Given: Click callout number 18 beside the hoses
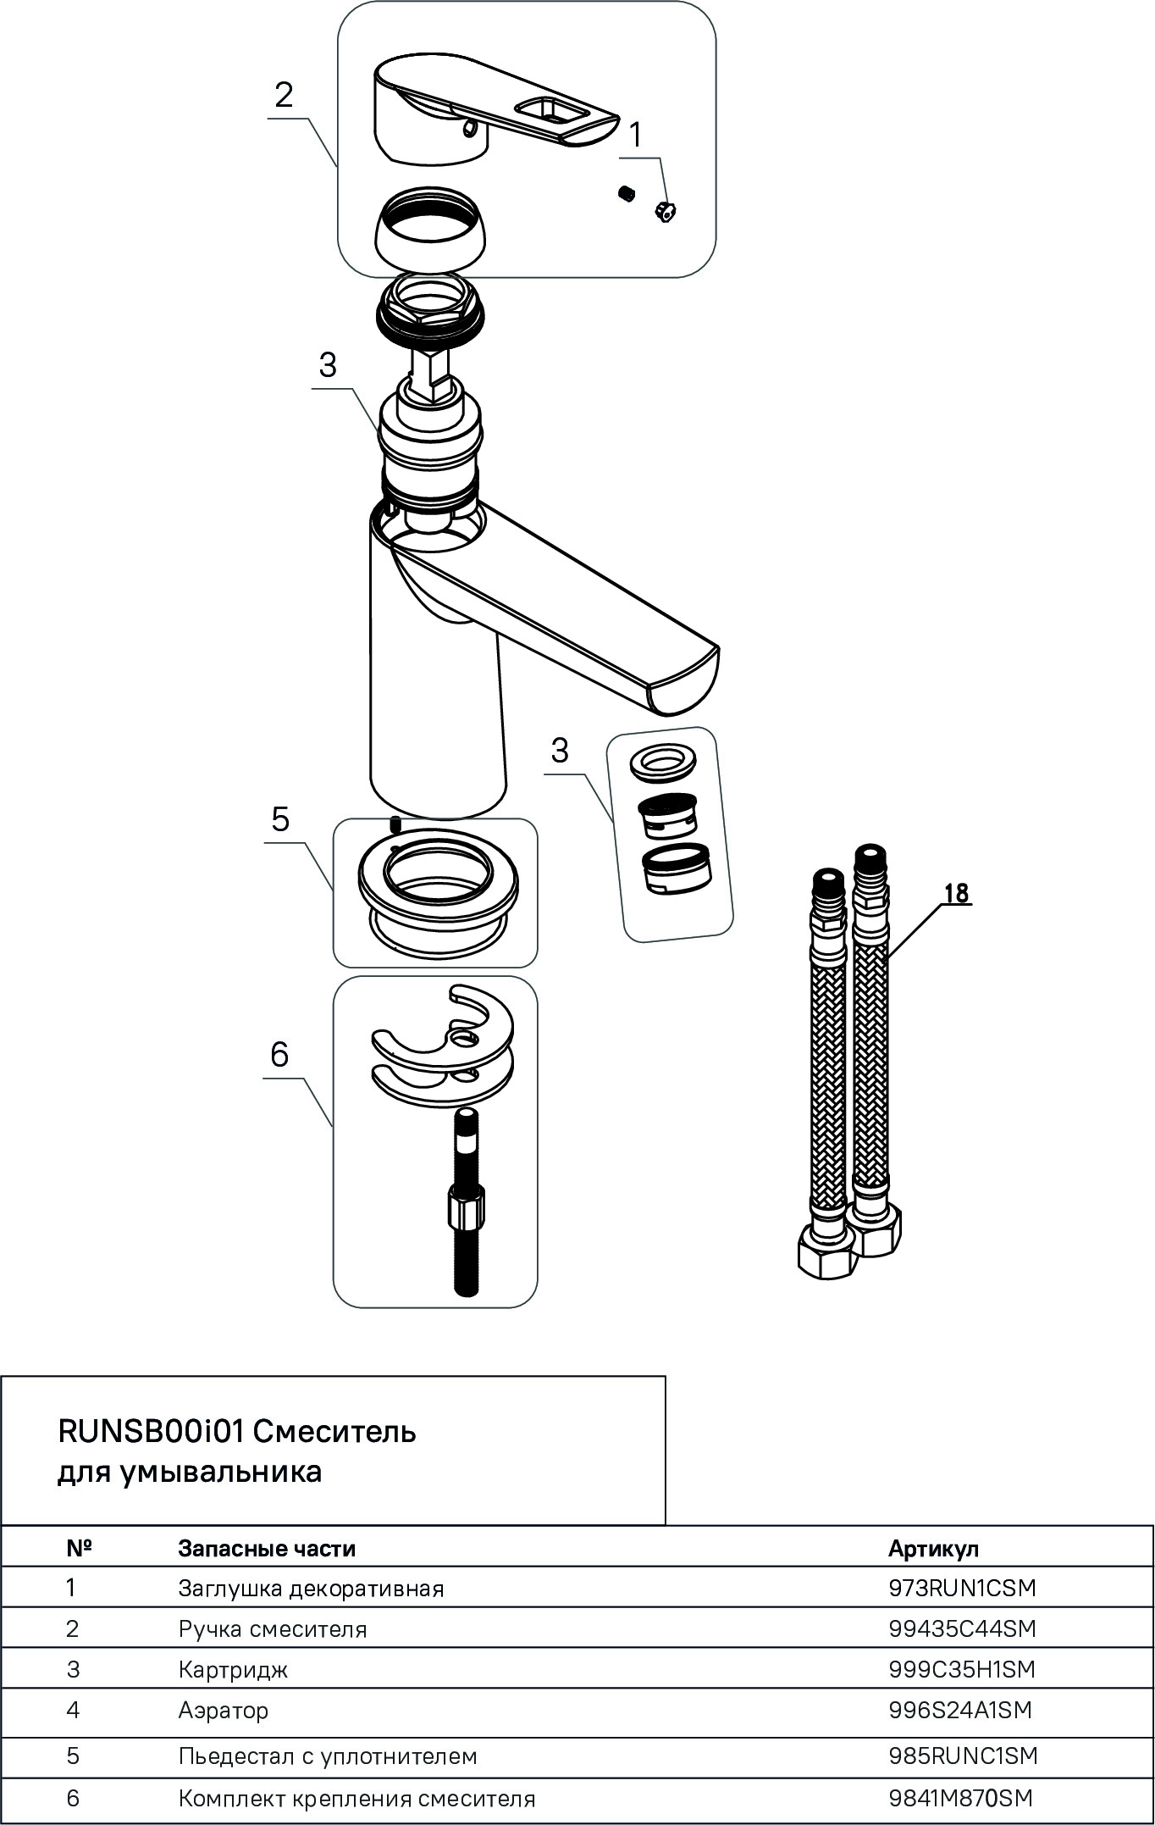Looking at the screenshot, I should click(956, 893).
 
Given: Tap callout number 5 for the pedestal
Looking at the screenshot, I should click(280, 819).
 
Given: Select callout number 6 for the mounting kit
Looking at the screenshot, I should click(279, 1054).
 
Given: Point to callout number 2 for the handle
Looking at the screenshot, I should click(284, 95).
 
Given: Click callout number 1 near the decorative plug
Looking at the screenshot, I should click(635, 135).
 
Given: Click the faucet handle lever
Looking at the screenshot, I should click(491, 110).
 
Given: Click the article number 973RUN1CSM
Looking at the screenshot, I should click(962, 1588).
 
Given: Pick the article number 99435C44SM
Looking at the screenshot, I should click(962, 1628).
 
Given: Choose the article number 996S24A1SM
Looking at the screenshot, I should click(960, 1710).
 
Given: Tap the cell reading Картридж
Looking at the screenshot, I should click(233, 1669).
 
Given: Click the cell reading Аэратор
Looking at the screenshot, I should click(224, 1710).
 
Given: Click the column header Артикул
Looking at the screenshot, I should click(933, 1548).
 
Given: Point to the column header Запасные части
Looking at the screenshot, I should click(267, 1548).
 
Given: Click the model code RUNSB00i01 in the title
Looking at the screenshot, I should click(151, 1431).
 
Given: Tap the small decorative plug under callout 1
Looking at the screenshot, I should click(665, 212).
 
